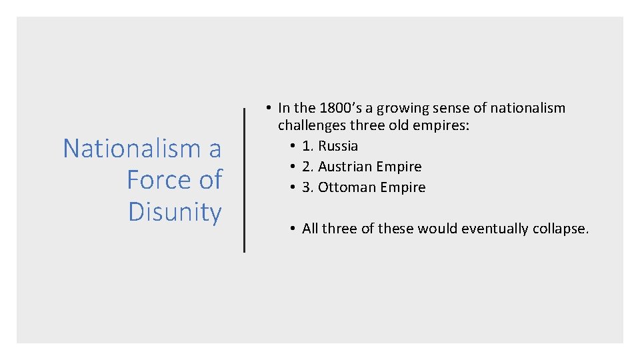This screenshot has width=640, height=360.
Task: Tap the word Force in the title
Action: [156, 180]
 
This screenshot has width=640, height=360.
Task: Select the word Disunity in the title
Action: [175, 212]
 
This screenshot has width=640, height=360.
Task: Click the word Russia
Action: [338, 146]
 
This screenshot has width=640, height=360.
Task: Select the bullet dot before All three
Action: [293, 229]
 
